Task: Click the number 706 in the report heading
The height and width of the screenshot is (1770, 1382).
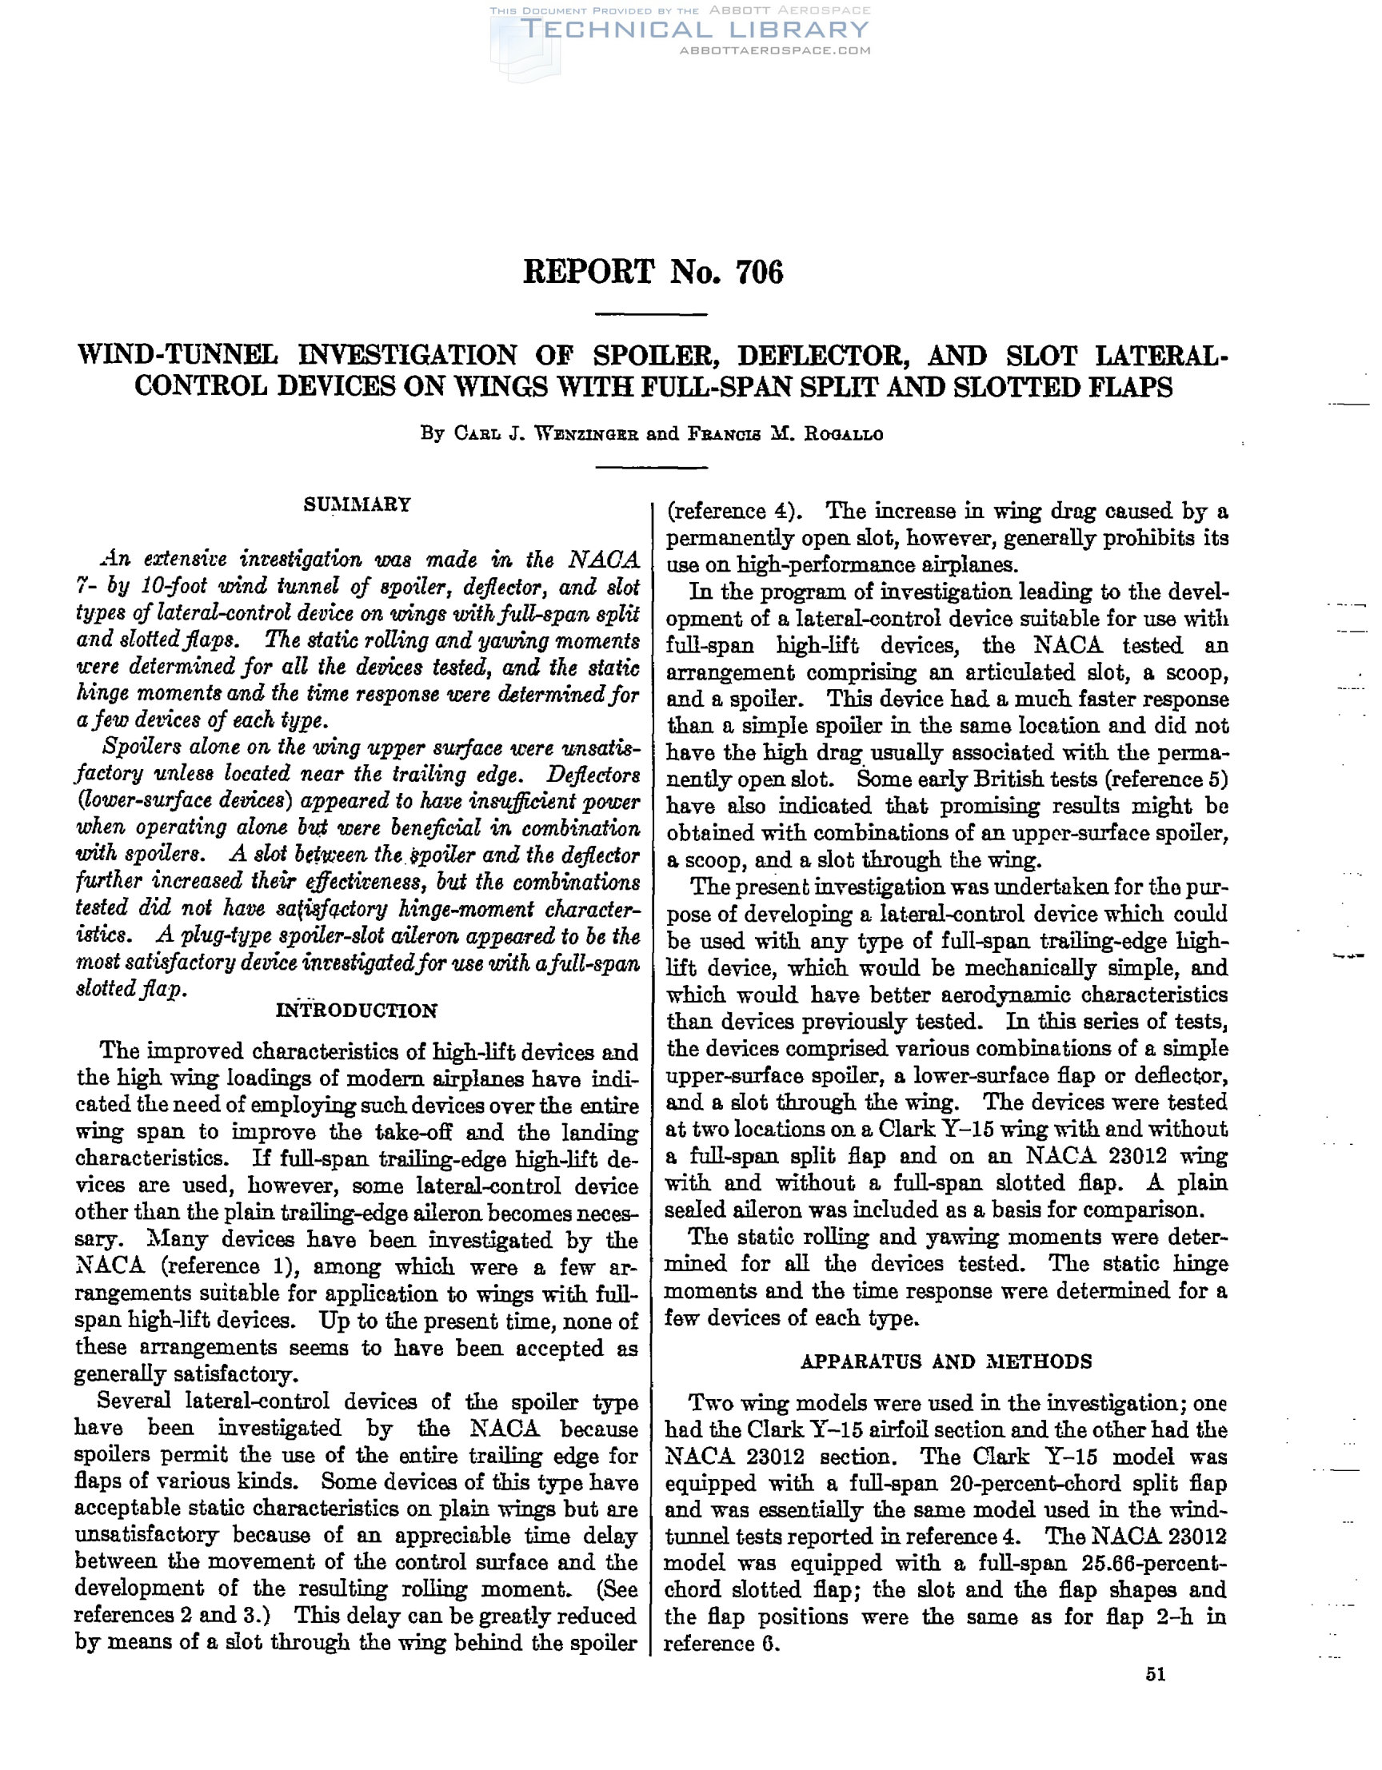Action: (x=760, y=273)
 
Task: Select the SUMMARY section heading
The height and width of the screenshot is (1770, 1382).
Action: (x=357, y=504)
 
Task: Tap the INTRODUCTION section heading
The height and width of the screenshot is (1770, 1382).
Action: (x=357, y=1011)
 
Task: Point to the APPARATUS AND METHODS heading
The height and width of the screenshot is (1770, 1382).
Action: (x=946, y=1361)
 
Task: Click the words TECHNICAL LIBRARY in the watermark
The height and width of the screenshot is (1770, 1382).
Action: (x=697, y=30)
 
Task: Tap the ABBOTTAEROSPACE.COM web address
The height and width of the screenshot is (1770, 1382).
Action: (x=775, y=50)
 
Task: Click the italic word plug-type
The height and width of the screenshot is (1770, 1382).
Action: (x=225, y=937)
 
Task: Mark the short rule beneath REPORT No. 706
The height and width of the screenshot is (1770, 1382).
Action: (x=651, y=314)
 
